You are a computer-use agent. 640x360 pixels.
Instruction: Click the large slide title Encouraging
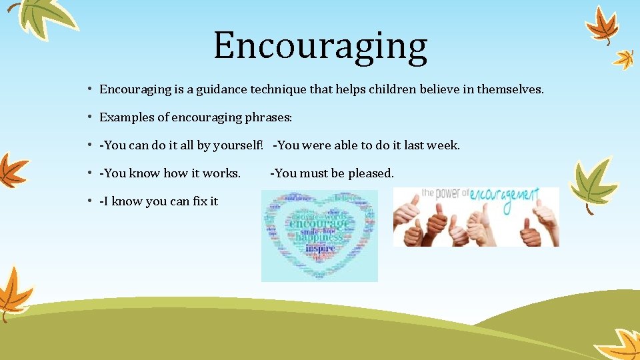point(320,46)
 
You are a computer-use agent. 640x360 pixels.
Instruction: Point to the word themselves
point(513,89)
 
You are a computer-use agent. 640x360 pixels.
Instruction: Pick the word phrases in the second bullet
point(269,117)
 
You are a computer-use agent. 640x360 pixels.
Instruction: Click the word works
point(221,173)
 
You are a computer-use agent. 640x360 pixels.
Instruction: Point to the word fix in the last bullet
point(197,201)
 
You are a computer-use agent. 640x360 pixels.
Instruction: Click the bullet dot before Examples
point(89,117)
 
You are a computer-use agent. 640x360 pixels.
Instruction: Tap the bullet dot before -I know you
point(89,201)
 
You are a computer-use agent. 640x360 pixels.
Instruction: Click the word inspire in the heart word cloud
point(320,248)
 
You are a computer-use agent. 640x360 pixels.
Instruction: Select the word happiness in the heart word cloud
point(319,237)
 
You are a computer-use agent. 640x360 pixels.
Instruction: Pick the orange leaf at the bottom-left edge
point(13,293)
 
